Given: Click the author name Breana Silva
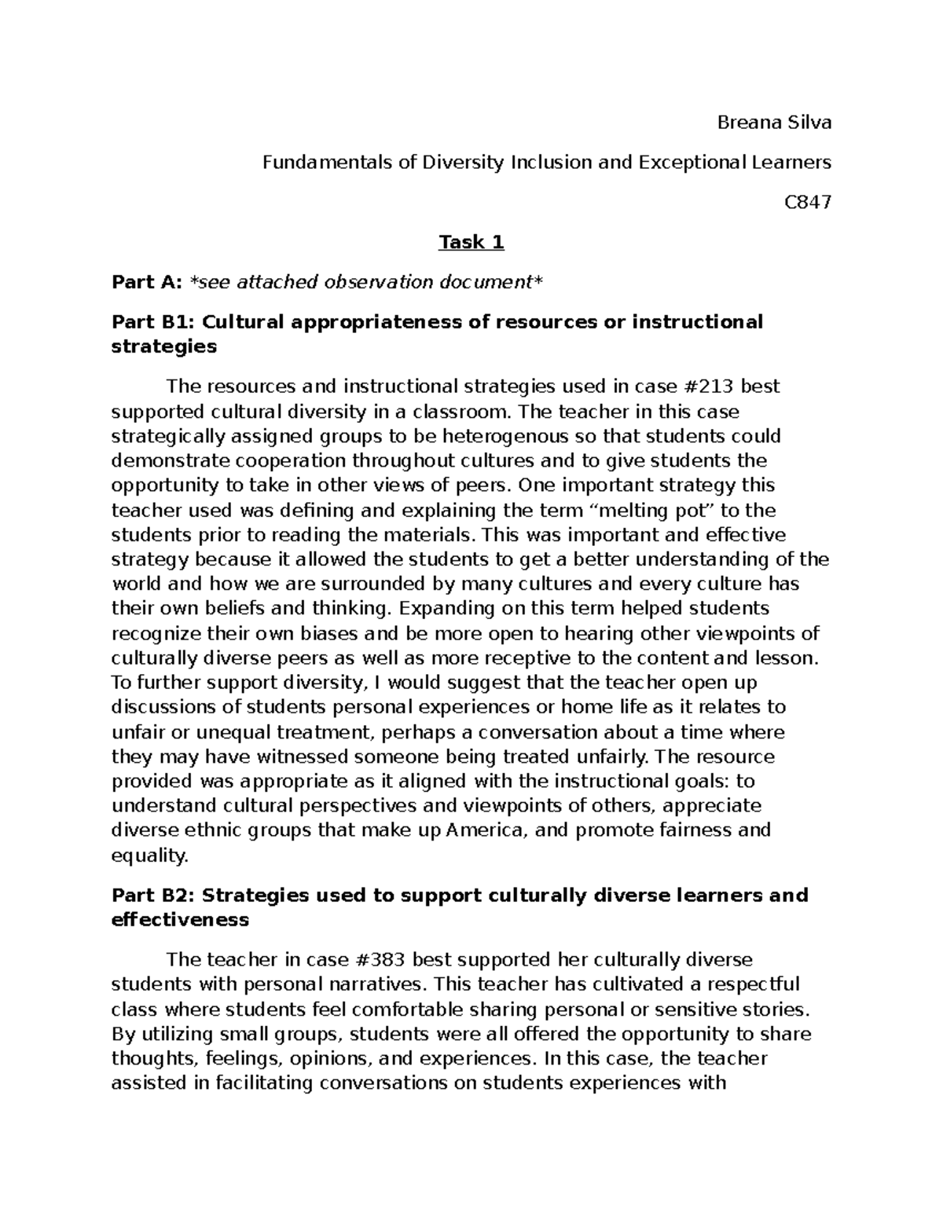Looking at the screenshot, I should (774, 123).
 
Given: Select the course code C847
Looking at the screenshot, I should (808, 203).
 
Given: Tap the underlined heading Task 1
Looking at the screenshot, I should (471, 242).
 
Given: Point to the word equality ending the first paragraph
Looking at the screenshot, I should (149, 855).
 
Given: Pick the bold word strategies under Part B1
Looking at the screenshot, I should (163, 346).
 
